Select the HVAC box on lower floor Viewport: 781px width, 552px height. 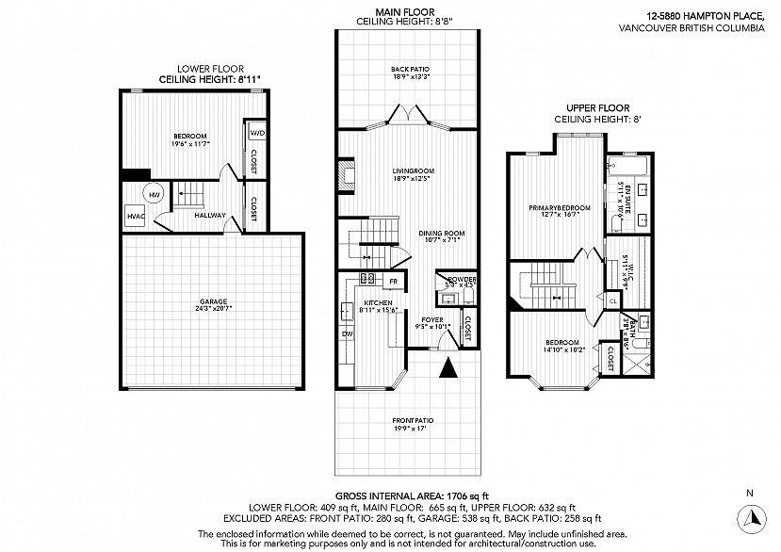[x=135, y=216]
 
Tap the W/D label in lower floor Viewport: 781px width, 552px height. [x=256, y=134]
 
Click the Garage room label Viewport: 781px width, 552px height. [x=212, y=303]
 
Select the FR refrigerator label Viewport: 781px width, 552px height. [x=393, y=280]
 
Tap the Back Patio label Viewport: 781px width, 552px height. [x=410, y=70]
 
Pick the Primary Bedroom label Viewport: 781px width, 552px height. [x=552, y=207]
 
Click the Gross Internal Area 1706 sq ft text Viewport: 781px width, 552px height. [x=412, y=495]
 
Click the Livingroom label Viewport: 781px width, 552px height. [x=412, y=170]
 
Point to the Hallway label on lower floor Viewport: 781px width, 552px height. [x=209, y=216]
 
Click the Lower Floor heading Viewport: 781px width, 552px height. [x=210, y=69]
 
